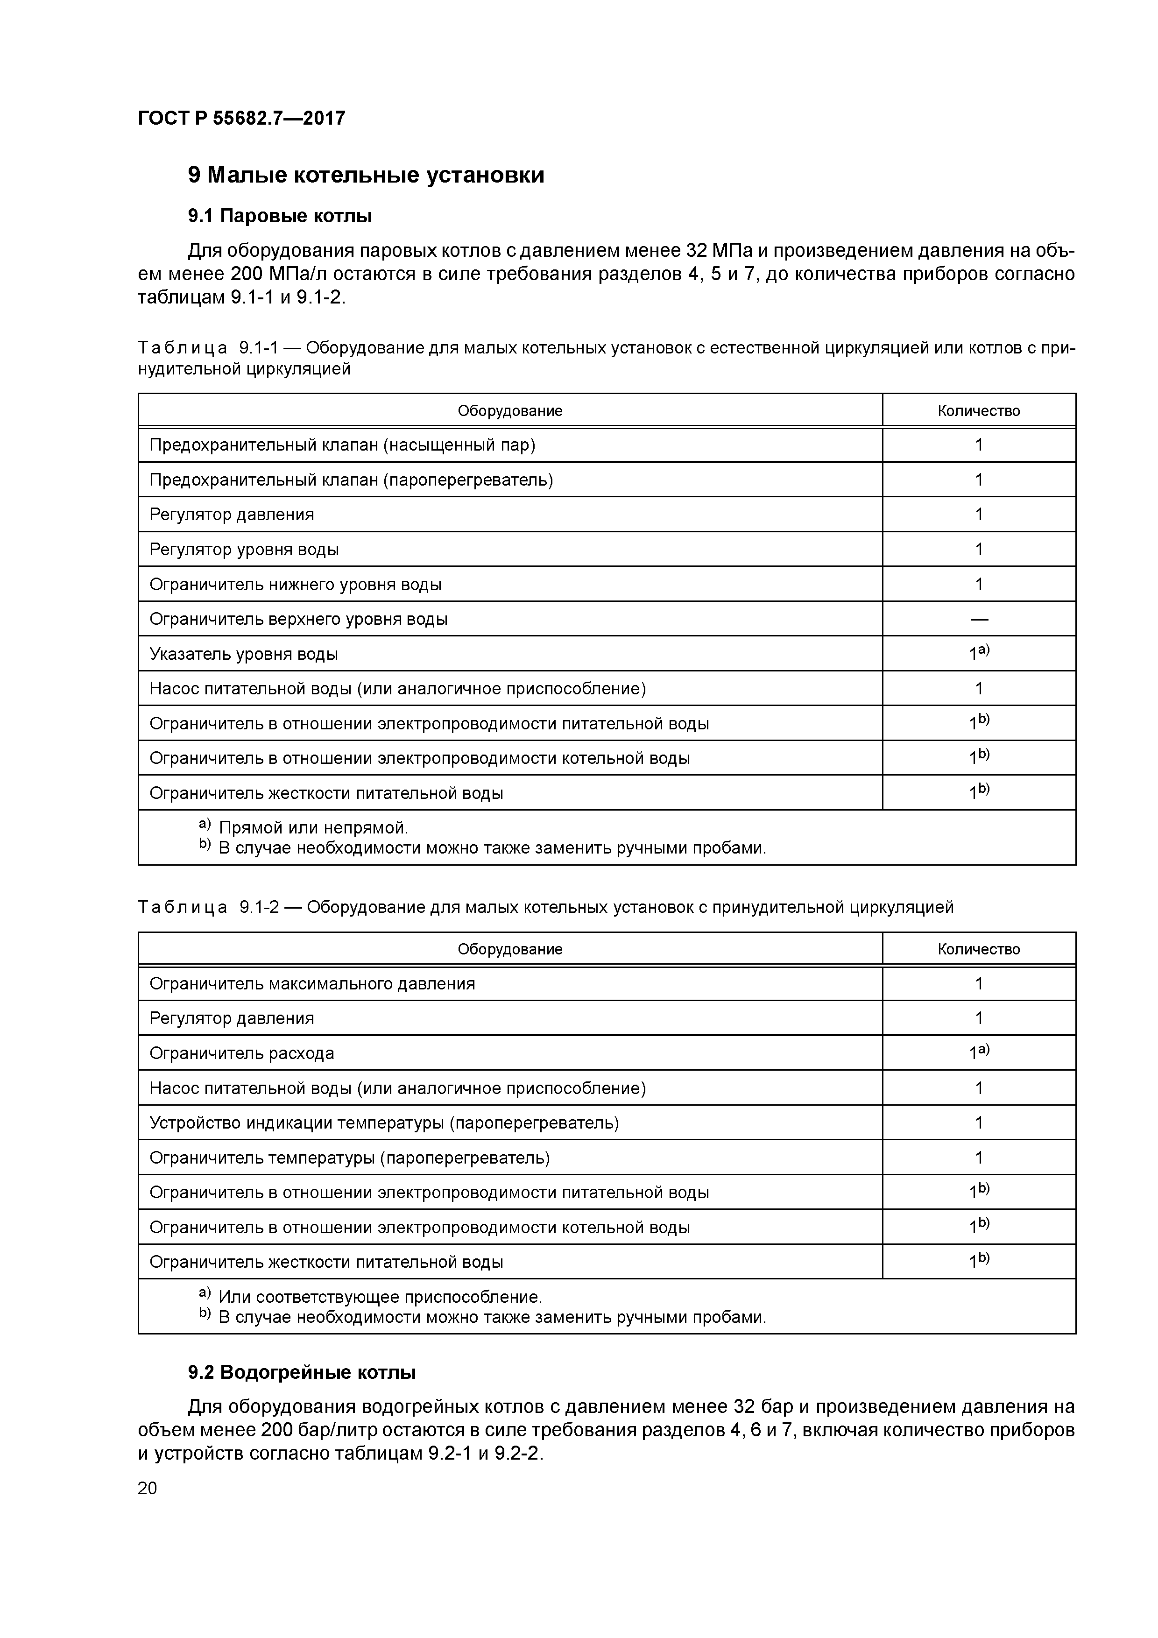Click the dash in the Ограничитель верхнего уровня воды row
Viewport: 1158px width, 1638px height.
978,619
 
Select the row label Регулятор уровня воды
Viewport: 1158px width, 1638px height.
244,549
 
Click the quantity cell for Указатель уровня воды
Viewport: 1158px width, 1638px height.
978,654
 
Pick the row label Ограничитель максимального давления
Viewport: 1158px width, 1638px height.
312,984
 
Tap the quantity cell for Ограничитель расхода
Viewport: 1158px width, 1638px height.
978,1053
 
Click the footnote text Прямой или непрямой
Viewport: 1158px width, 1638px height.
313,827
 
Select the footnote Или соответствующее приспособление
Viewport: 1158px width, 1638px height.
380,1296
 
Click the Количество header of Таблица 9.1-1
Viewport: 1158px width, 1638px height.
978,411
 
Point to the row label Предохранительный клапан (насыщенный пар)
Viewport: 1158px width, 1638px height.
342,445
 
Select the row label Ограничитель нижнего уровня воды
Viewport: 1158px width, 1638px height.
296,584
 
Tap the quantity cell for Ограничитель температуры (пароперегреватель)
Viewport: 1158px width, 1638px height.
978,1157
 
